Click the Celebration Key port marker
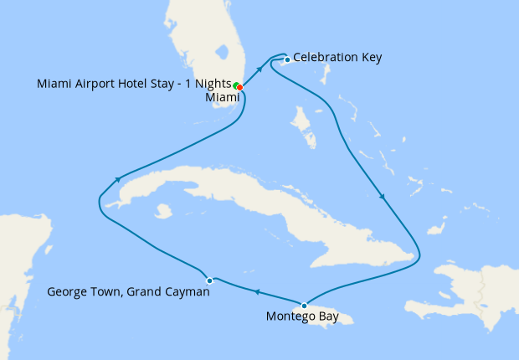[287, 59]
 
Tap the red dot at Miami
[240, 86]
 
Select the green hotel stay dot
[237, 85]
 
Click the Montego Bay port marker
[304, 305]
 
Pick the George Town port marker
[209, 280]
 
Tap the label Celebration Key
[337, 58]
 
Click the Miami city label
[222, 97]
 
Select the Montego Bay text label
[303, 316]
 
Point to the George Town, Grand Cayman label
[128, 293]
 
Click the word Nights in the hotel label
[209, 84]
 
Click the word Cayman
[186, 293]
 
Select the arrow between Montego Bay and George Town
[257, 292]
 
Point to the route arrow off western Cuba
[120, 178]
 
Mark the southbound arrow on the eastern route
[383, 198]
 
